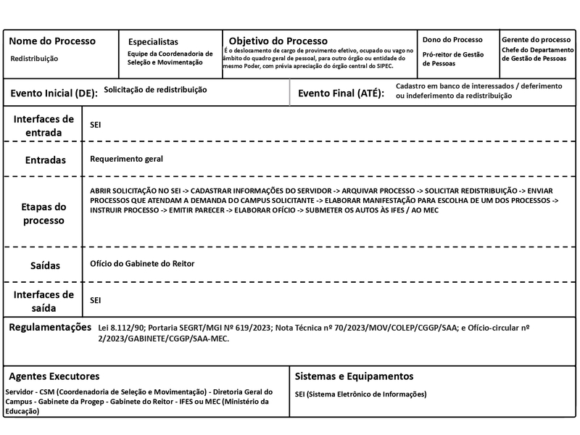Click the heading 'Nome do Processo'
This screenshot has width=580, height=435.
point(52,41)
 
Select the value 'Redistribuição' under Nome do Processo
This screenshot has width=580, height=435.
point(35,59)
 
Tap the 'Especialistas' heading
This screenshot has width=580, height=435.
point(153,42)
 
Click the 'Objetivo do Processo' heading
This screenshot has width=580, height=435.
point(278,41)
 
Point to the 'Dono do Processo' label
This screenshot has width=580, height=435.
point(452,39)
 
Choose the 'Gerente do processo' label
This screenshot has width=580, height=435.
point(536,39)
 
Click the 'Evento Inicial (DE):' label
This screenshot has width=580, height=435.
point(53,94)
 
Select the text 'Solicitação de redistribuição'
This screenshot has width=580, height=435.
point(155,90)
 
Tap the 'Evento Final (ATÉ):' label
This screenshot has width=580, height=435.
point(341,94)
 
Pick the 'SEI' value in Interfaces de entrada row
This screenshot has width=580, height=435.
point(96,125)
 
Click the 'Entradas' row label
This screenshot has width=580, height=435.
point(45,159)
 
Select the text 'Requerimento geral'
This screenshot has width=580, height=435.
point(127,158)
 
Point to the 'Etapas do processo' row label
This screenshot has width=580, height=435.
point(43,213)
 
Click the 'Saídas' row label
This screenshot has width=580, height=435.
point(45,266)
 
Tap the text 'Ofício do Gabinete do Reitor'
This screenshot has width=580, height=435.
point(142,263)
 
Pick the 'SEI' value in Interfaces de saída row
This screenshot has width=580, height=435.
point(96,299)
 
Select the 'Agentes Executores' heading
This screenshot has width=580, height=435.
point(54,376)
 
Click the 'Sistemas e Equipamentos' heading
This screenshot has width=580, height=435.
point(355,376)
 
